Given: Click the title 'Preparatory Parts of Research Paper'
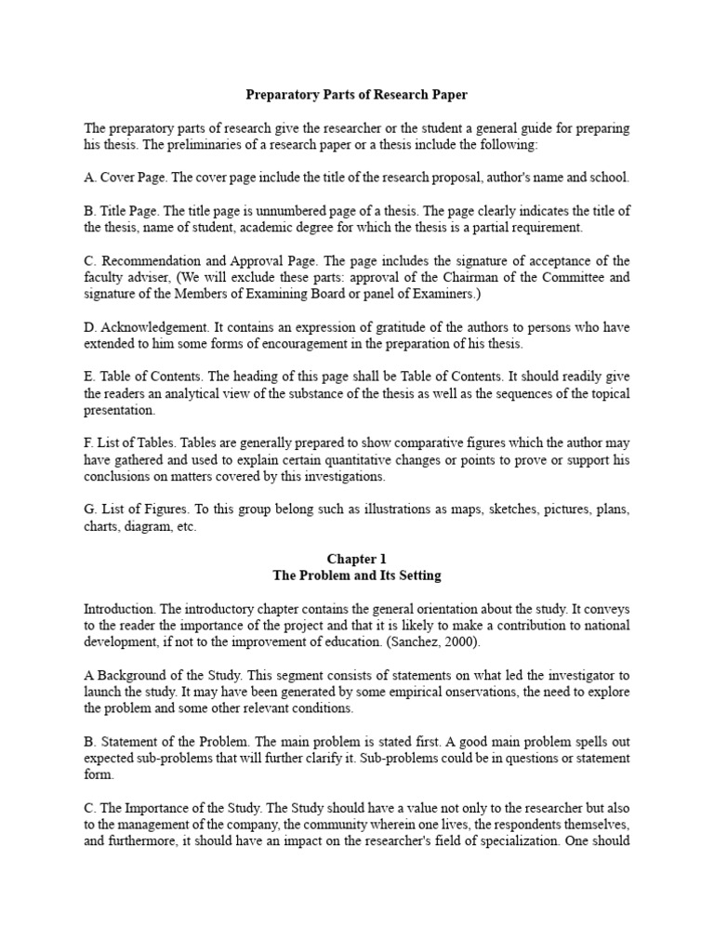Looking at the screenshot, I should [356, 94].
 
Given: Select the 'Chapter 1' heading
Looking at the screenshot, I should [356, 559].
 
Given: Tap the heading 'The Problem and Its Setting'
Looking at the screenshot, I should [356, 575].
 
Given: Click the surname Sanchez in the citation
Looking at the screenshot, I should [430, 642].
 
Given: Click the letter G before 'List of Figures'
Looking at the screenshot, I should [88, 509].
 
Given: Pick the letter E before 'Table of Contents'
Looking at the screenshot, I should [88, 377].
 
